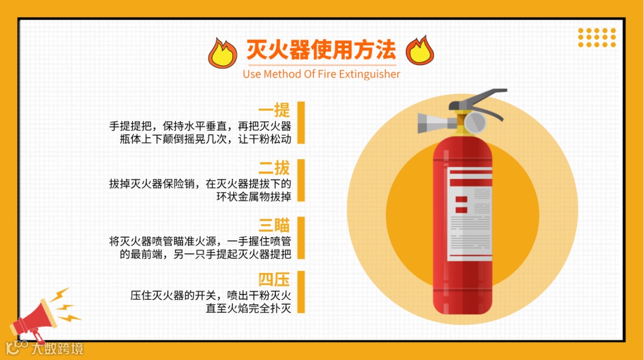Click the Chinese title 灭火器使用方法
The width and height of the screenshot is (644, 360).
tap(321, 49)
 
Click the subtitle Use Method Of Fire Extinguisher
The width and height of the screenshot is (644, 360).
tap(321, 74)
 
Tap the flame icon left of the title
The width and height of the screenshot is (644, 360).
tap(222, 53)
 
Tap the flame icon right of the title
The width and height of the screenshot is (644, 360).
tap(420, 50)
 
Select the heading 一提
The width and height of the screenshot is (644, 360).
tap(274, 110)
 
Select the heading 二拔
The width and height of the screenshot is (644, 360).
tap(274, 168)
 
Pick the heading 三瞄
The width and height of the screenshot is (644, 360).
tap(274, 225)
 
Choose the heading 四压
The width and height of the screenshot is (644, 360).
tap(274, 280)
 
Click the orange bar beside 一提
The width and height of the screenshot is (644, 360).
tap(301, 123)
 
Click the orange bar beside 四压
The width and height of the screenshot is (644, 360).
tap(301, 292)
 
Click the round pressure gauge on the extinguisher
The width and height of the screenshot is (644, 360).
tap(475, 122)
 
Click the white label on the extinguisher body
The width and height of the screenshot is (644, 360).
tap(469, 214)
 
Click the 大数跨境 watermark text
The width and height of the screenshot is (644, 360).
tap(57, 349)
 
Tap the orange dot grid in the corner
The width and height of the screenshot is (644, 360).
tap(597, 38)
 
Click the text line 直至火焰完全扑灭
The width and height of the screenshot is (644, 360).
tap(248, 308)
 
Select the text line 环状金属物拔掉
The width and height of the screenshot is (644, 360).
tap(253, 197)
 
